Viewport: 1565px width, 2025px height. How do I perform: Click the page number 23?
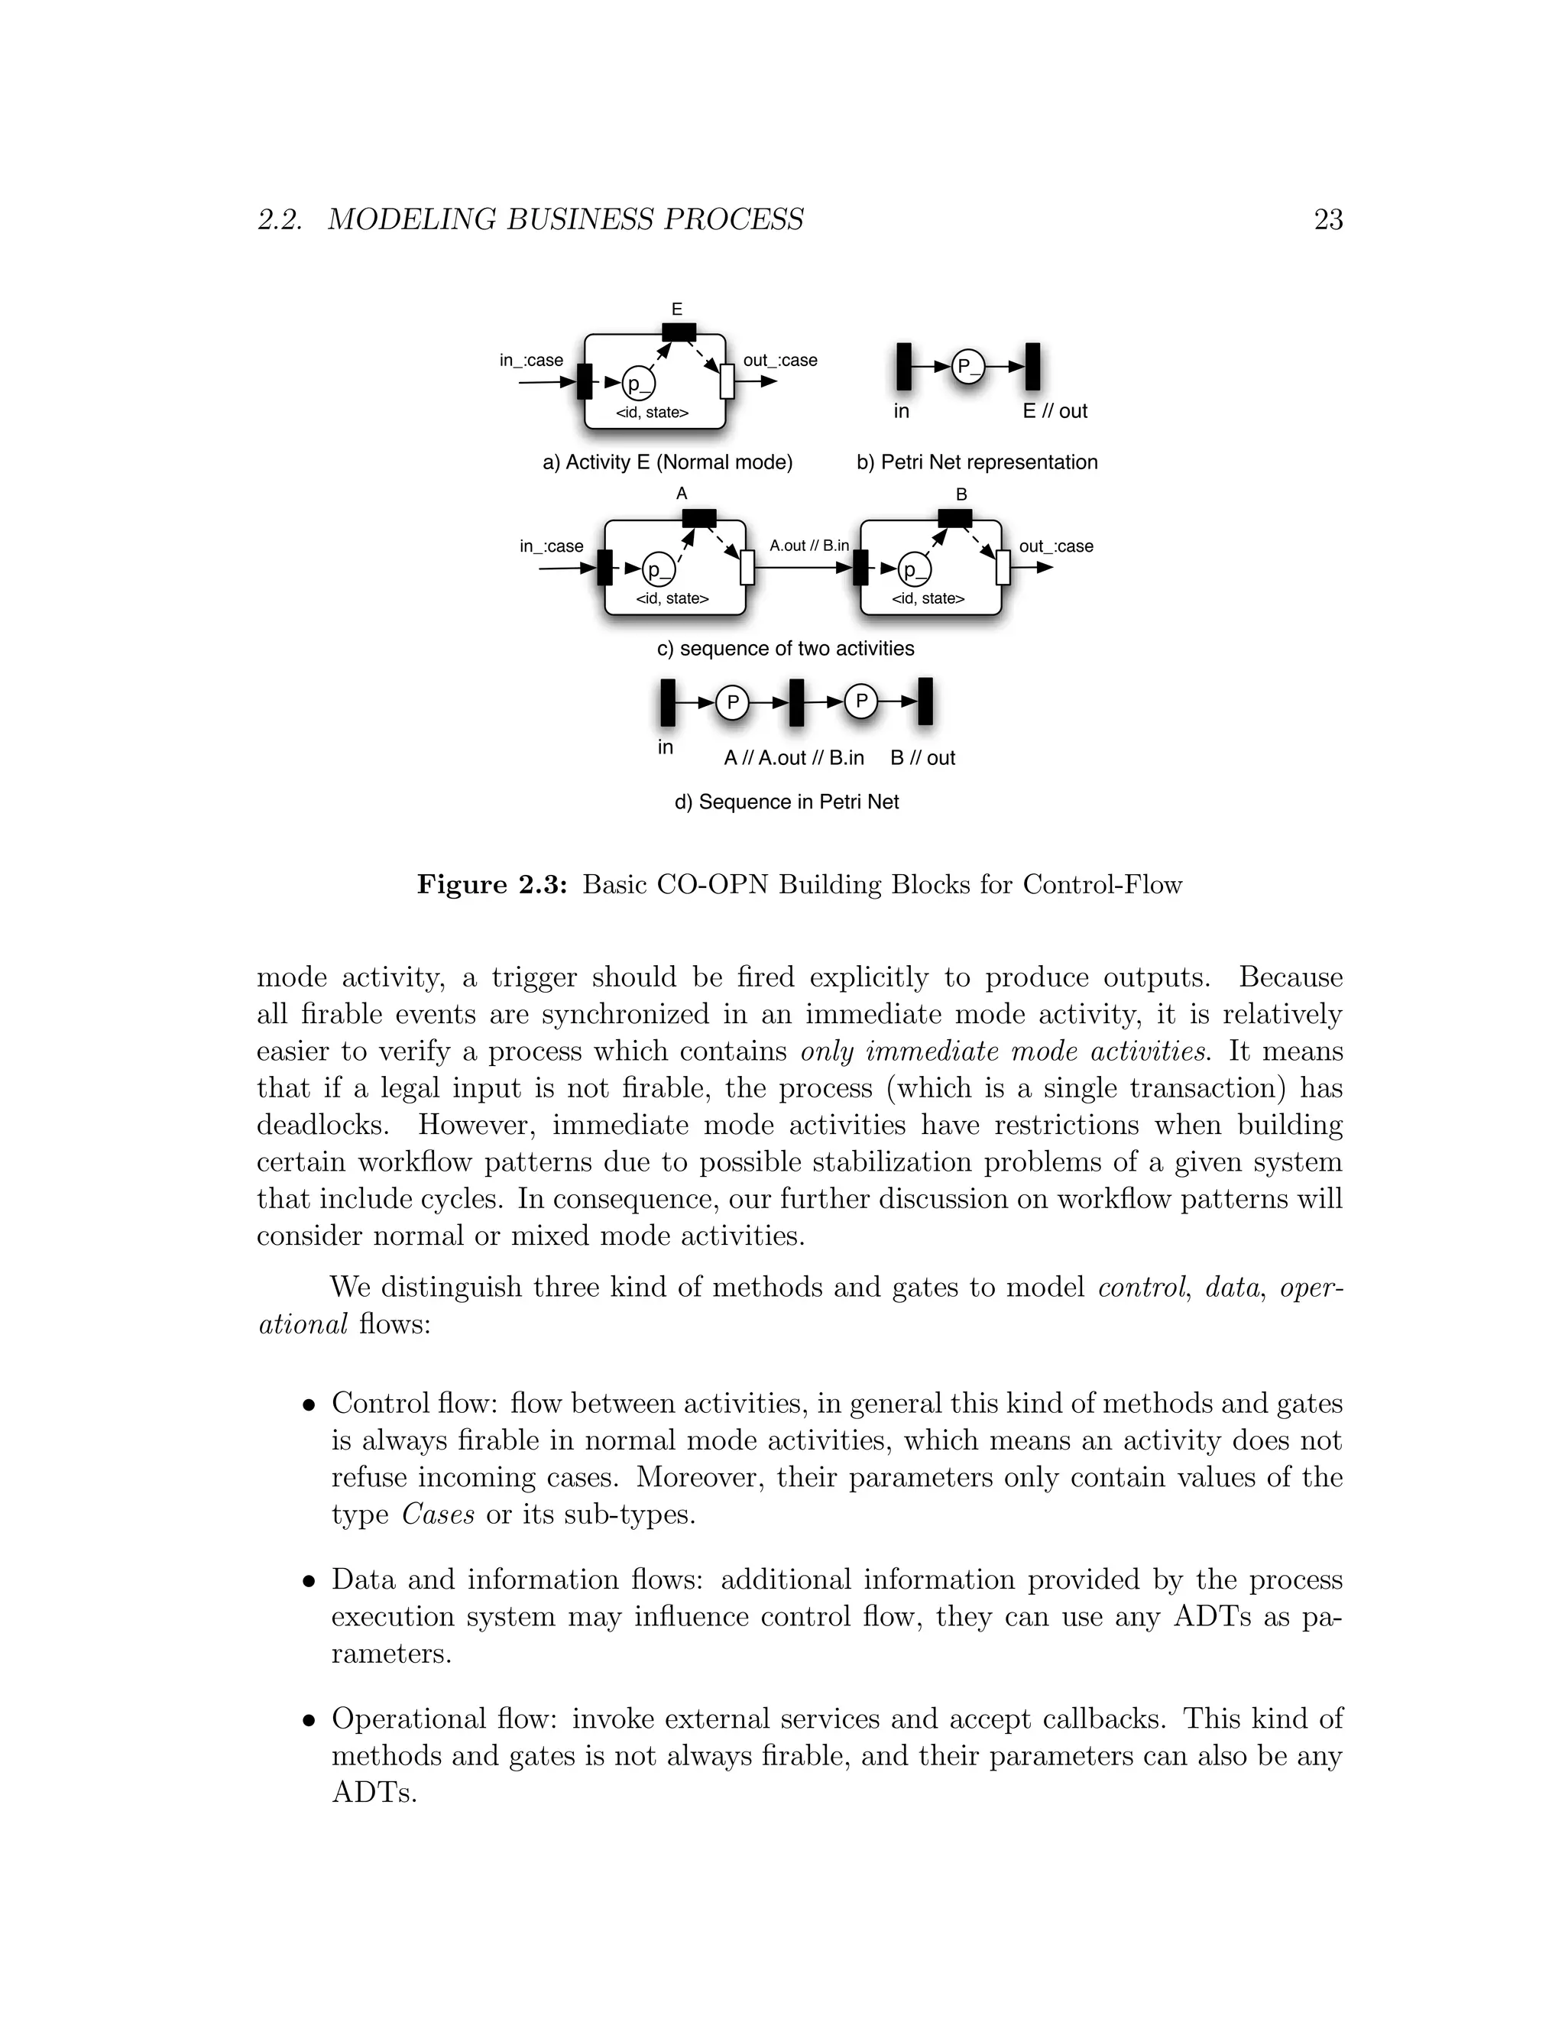[1327, 220]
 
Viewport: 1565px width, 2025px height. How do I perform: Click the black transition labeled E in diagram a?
[679, 332]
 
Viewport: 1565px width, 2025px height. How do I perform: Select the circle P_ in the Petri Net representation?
[968, 366]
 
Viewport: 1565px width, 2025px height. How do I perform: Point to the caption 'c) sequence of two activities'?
[786, 648]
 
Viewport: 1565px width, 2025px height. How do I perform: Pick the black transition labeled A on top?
[699, 517]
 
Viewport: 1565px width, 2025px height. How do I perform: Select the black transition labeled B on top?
[955, 517]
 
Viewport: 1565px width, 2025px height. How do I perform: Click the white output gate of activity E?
[726, 381]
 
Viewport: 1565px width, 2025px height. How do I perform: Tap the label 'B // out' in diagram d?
[922, 757]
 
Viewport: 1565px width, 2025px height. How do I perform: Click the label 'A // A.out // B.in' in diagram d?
[794, 757]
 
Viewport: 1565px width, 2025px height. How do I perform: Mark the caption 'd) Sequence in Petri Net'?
[786, 802]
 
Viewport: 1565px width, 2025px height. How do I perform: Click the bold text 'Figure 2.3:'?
[491, 885]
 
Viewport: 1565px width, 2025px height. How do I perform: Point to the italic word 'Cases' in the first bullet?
[438, 1514]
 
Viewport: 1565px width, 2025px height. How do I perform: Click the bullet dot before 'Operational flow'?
[309, 1721]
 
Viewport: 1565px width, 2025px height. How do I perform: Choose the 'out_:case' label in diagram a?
[779, 360]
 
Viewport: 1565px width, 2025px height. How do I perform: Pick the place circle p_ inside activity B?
[914, 569]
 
